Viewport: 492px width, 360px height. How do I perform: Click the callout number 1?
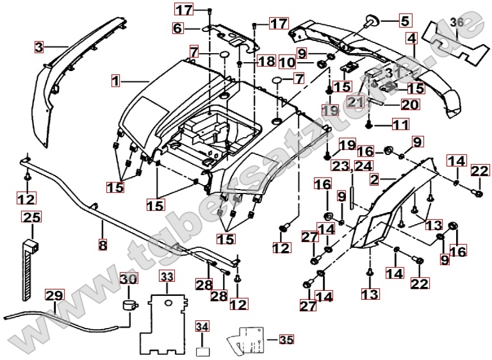tap(115, 81)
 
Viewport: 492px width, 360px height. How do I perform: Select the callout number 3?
tap(39, 47)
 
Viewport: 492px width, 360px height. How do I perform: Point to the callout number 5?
tap(404, 20)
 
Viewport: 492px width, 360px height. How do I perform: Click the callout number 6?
tap(177, 28)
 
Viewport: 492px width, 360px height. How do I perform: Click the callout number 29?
tap(54, 295)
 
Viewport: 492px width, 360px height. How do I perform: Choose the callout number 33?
tap(167, 277)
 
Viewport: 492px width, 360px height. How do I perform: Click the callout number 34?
tap(202, 327)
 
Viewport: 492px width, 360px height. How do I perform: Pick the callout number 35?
tap(285, 340)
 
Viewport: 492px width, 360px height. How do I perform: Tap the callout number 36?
tap(455, 22)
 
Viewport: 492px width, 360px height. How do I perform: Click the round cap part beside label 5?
tap(373, 19)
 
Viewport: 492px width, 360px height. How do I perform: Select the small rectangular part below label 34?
tap(202, 350)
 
